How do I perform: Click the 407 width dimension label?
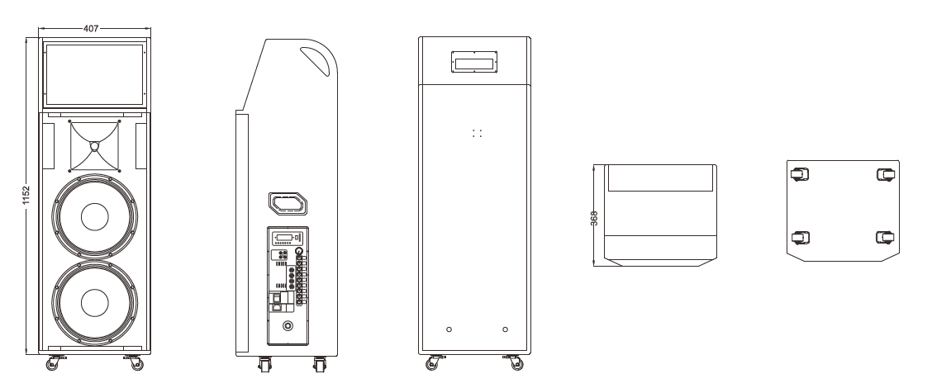(x=92, y=28)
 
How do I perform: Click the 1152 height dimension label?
(x=27, y=195)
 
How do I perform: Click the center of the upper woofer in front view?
(x=94, y=217)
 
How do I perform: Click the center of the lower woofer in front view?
(x=94, y=303)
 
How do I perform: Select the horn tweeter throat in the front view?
(x=94, y=147)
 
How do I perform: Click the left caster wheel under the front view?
(x=58, y=362)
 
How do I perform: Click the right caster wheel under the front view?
(x=132, y=362)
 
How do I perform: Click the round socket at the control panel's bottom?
(x=288, y=326)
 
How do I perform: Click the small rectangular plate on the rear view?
(x=474, y=63)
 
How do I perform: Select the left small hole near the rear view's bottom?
(x=449, y=329)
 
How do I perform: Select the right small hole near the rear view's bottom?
(x=505, y=329)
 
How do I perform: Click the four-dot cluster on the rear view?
(x=476, y=132)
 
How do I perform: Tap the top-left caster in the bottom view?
(x=799, y=174)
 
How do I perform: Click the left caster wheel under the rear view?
(x=432, y=363)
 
